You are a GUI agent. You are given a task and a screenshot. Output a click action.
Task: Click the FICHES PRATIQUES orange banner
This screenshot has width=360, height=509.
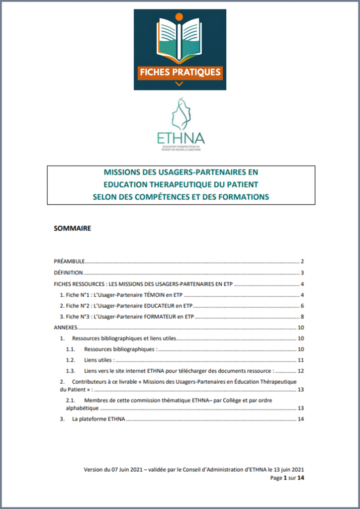coord(180,72)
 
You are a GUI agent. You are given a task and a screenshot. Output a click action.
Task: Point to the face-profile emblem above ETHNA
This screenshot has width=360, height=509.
coord(180,114)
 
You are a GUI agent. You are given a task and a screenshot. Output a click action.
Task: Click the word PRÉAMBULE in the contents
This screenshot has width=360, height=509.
coord(69,261)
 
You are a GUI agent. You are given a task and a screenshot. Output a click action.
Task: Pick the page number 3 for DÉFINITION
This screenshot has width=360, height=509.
coord(302,273)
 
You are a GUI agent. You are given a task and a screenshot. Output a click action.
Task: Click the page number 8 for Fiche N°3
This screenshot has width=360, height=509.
coord(302,317)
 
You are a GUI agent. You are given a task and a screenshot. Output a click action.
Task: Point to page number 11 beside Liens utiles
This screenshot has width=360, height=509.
coord(301,360)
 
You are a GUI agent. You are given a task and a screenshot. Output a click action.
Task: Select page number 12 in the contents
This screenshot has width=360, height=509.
coord(301,371)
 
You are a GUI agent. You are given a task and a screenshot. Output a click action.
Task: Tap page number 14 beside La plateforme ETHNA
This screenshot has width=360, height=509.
coord(300,419)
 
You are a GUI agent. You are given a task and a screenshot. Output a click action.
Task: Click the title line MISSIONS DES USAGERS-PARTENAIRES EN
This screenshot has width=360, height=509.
coord(180,172)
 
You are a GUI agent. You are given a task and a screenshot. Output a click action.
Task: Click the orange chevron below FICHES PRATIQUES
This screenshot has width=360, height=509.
coord(180,84)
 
